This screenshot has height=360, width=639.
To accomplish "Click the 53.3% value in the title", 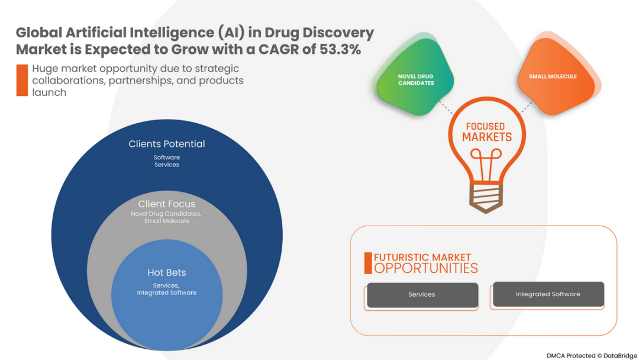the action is [x=340, y=49].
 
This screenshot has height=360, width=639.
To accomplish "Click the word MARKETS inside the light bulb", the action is [x=486, y=137].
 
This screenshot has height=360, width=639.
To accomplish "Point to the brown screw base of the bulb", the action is [x=486, y=198].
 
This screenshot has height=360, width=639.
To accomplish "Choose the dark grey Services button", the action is [x=422, y=295].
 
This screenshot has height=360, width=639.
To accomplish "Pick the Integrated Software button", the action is [x=548, y=294].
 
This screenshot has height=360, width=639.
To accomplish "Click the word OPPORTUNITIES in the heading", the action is [x=426, y=268].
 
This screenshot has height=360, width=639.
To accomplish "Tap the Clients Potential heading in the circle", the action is [x=167, y=144].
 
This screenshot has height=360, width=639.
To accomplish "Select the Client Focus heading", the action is [x=167, y=204].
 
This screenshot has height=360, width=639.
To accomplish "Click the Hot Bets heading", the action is [x=167, y=272].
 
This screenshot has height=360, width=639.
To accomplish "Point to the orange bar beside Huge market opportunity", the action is [x=22, y=81].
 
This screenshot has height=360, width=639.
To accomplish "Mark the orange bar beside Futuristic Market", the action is [x=368, y=263].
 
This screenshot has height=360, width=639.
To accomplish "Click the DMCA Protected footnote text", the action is [x=592, y=355].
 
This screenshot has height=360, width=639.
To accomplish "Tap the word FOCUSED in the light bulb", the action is [x=485, y=126].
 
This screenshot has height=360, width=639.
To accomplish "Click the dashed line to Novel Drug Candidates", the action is [x=446, y=107].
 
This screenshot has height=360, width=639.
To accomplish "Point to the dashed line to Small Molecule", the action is [x=527, y=108].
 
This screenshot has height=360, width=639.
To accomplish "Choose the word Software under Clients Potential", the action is [x=167, y=157].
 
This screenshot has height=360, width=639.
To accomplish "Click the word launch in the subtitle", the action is [x=49, y=92].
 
